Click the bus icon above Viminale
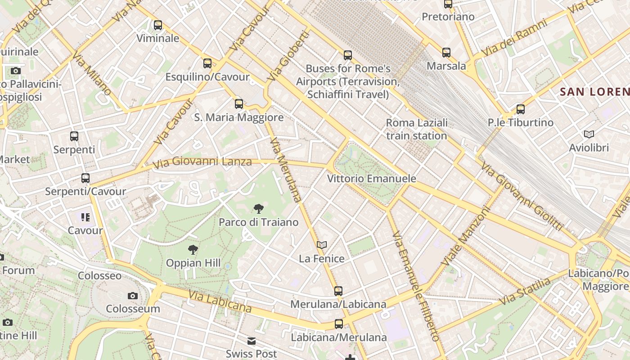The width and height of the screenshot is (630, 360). tap(158, 25)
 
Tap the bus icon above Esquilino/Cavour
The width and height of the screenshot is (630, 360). tap(207, 63)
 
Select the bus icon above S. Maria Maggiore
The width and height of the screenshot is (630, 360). tap(239, 104)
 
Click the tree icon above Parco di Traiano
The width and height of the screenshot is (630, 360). tap(258, 208)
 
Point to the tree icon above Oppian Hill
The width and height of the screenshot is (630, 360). tap(193, 249)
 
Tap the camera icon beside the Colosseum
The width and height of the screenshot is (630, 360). tap(132, 296)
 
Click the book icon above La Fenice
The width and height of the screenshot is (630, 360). tap(321, 245)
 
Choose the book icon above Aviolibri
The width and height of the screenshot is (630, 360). tap(589, 134)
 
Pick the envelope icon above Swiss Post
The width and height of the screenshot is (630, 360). tap(252, 341)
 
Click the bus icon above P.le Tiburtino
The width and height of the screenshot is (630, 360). tap(521, 109)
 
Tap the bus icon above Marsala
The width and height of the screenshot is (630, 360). tap(446, 53)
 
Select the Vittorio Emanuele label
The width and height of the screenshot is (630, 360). tap(371, 179)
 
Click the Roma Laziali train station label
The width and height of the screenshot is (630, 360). tap(417, 129)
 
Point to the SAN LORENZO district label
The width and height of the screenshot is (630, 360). tap(594, 92)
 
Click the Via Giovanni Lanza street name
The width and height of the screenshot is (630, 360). tap(202, 162)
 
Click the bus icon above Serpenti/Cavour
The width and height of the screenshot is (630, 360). tap(85, 178)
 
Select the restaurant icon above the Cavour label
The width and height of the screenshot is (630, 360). tap(85, 218)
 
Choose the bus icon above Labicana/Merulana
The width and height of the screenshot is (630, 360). tap(338, 324)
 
